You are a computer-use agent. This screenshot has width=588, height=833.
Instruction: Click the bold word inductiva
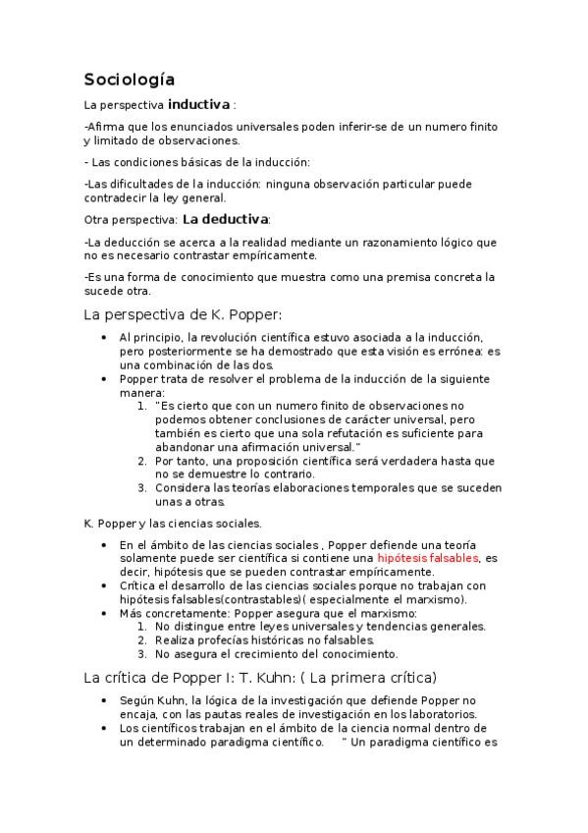coord(199,104)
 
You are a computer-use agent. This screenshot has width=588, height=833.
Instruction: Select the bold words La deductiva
coord(225,219)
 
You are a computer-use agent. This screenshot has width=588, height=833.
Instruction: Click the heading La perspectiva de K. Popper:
coord(184,314)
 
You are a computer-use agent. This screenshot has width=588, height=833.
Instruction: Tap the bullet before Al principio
coord(105,338)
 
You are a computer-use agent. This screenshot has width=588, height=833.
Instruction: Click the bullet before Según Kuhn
coord(105,700)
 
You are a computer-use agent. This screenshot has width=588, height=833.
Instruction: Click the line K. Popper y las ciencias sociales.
coord(173,524)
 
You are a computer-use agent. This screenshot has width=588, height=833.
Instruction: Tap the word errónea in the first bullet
coord(454,352)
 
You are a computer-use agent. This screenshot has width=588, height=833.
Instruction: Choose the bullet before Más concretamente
coord(105,613)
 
